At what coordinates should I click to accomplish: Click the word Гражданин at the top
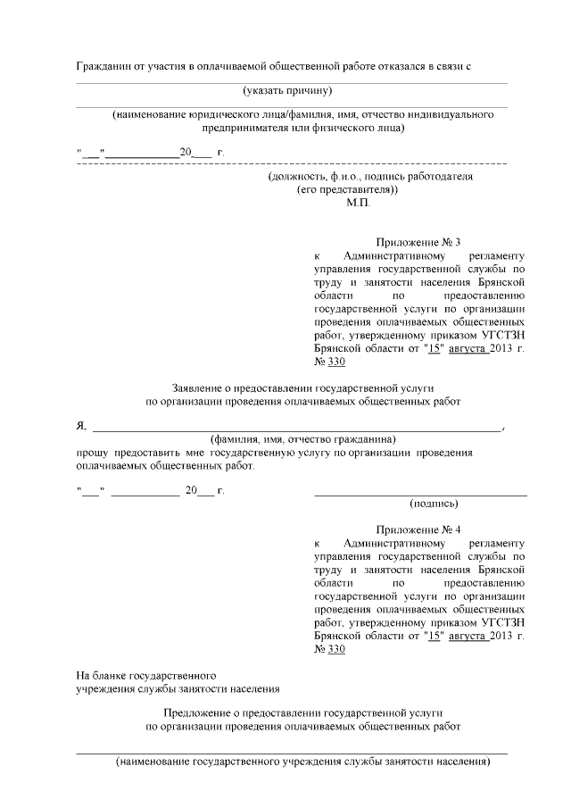[x=103, y=67]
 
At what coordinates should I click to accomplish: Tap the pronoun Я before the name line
[x=81, y=426]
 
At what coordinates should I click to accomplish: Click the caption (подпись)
[x=434, y=504]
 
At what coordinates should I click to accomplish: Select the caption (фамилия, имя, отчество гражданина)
[x=302, y=439]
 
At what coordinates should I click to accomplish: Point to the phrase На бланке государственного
[x=147, y=675]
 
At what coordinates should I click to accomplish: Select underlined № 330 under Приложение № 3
[x=329, y=362]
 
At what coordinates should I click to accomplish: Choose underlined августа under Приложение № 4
[x=468, y=635]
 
